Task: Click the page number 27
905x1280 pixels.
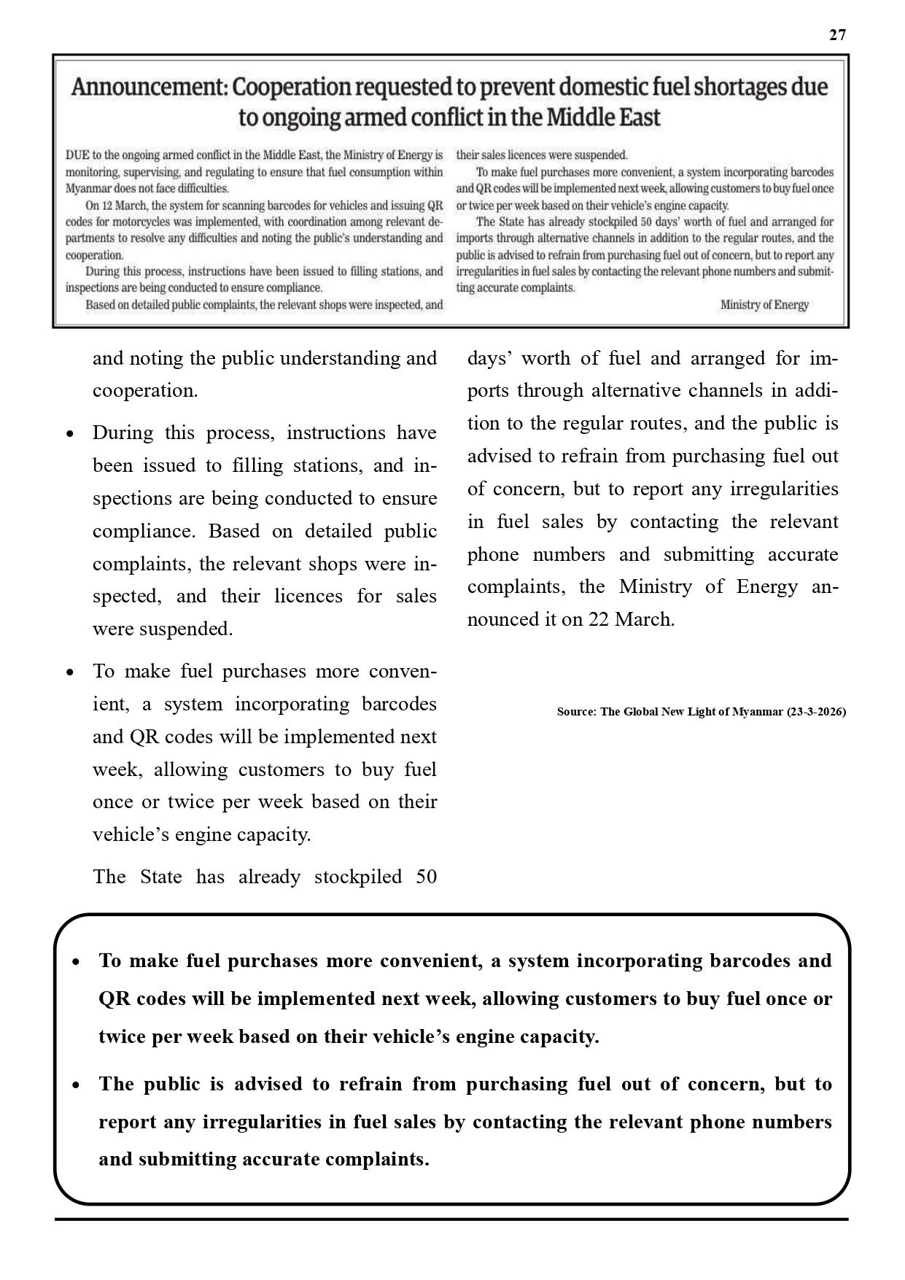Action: coord(837,35)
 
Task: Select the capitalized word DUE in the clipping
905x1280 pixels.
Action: coord(77,155)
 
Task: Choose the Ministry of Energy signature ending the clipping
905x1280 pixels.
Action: coord(764,305)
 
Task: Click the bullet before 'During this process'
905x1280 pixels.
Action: coord(70,434)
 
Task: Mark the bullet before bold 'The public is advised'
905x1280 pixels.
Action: coord(76,1085)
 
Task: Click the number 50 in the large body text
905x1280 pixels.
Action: coord(426,876)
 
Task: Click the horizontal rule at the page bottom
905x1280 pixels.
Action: coord(451,1219)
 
